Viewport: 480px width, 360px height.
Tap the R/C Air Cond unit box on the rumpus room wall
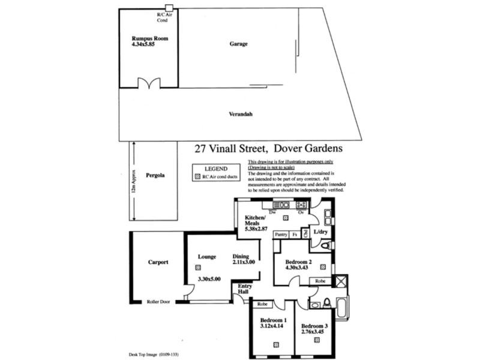169,8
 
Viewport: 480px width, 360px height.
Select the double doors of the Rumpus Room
148,83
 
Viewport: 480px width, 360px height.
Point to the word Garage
238,44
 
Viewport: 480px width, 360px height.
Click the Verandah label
239,114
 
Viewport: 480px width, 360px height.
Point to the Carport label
158,262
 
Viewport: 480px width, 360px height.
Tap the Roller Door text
158,301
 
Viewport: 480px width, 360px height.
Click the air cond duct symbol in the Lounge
198,267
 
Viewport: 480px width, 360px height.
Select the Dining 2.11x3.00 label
244,259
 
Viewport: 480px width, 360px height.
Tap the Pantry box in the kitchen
281,235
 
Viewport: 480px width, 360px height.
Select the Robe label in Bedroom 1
262,304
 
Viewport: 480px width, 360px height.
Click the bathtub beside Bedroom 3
341,308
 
